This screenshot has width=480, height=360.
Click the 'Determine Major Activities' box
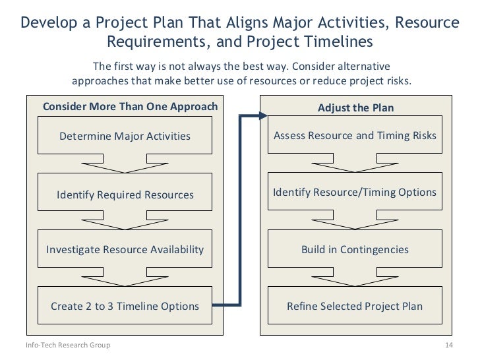coord(125,136)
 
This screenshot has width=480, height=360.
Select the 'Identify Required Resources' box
coord(125,195)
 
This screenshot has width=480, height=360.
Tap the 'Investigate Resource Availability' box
coord(125,249)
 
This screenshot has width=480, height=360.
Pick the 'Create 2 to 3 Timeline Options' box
coord(125,306)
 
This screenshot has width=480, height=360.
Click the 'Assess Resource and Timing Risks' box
coord(355,136)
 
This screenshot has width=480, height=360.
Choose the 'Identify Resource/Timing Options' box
coord(355,193)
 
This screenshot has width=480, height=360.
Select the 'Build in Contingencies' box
coord(355,249)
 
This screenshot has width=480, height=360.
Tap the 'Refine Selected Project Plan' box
coord(355,306)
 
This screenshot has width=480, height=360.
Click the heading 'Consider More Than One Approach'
coord(130,107)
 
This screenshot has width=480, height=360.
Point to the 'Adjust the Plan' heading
coord(355,107)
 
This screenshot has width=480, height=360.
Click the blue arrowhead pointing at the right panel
coord(262,117)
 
